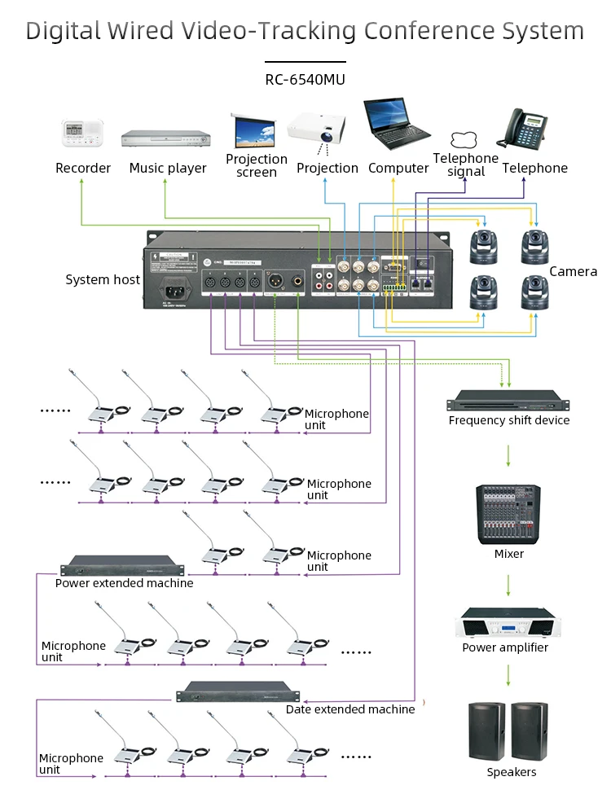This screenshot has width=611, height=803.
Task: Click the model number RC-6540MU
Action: (x=305, y=80)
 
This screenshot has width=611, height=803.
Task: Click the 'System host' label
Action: (x=103, y=280)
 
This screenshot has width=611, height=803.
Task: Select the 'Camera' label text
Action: (x=574, y=272)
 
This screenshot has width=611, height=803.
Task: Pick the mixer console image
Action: (x=509, y=515)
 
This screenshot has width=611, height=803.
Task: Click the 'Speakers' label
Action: (x=512, y=772)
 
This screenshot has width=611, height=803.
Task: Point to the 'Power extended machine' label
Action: (x=125, y=583)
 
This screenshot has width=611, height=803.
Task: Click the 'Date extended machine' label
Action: (x=350, y=709)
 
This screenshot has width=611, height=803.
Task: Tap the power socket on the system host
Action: (x=174, y=289)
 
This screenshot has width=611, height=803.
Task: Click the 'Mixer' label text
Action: (x=509, y=554)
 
